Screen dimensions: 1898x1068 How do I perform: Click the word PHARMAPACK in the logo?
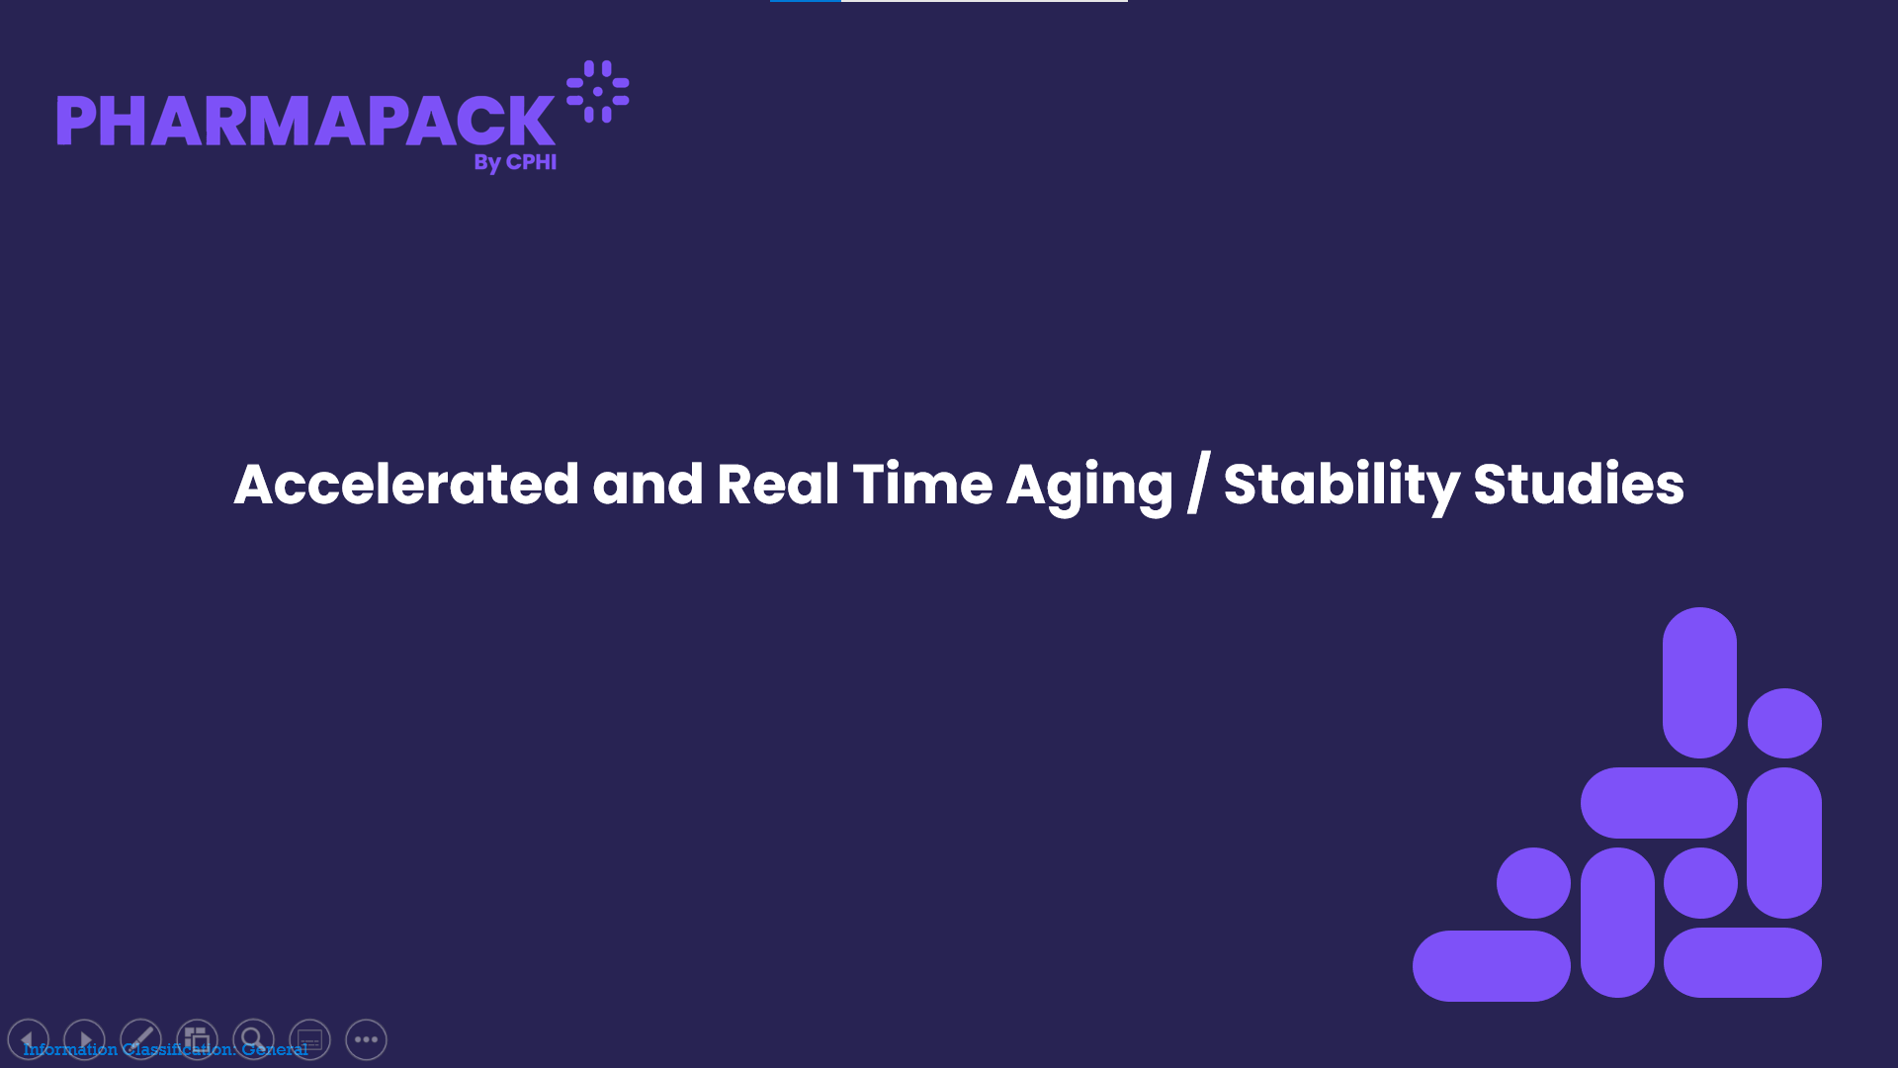point(305,121)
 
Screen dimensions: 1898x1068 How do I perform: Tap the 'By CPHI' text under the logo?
point(515,162)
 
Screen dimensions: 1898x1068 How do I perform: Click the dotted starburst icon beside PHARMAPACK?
point(598,92)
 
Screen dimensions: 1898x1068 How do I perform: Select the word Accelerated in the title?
point(406,484)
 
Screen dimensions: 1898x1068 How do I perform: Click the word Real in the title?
point(778,484)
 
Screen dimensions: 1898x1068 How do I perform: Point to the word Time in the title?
point(922,484)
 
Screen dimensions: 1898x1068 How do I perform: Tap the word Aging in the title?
point(1089,487)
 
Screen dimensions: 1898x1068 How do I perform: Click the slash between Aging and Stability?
point(1198,484)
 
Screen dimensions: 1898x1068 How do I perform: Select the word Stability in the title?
point(1341,487)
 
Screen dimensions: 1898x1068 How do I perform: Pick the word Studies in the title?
point(1579,484)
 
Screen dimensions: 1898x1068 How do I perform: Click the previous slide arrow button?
point(28,1039)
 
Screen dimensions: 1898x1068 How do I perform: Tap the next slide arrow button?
point(84,1039)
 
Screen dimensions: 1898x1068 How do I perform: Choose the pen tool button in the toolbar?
point(140,1039)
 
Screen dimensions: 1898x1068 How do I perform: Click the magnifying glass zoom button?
point(253,1039)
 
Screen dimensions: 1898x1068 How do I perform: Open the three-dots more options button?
point(366,1039)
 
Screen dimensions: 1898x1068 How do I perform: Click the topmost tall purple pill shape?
point(1699,682)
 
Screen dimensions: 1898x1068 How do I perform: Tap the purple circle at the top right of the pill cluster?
point(1784,723)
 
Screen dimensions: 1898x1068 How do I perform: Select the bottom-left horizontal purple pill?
point(1491,965)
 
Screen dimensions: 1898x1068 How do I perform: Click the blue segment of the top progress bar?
point(806,1)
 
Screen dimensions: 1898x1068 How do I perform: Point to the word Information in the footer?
point(70,1049)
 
